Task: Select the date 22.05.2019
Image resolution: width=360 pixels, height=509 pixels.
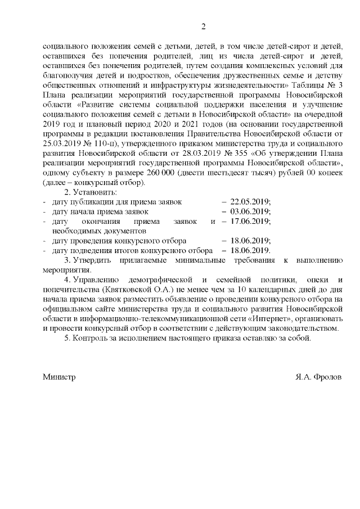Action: tap(250, 201)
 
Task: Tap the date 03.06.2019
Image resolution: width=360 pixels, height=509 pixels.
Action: tap(250, 211)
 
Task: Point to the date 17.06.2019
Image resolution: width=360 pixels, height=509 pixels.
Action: tap(250, 221)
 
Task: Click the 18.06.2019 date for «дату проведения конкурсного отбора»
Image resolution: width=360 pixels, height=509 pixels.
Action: tap(250, 240)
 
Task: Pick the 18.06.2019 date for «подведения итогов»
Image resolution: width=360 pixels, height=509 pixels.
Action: tap(250, 250)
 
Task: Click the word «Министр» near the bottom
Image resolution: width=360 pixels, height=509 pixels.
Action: tap(59, 376)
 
